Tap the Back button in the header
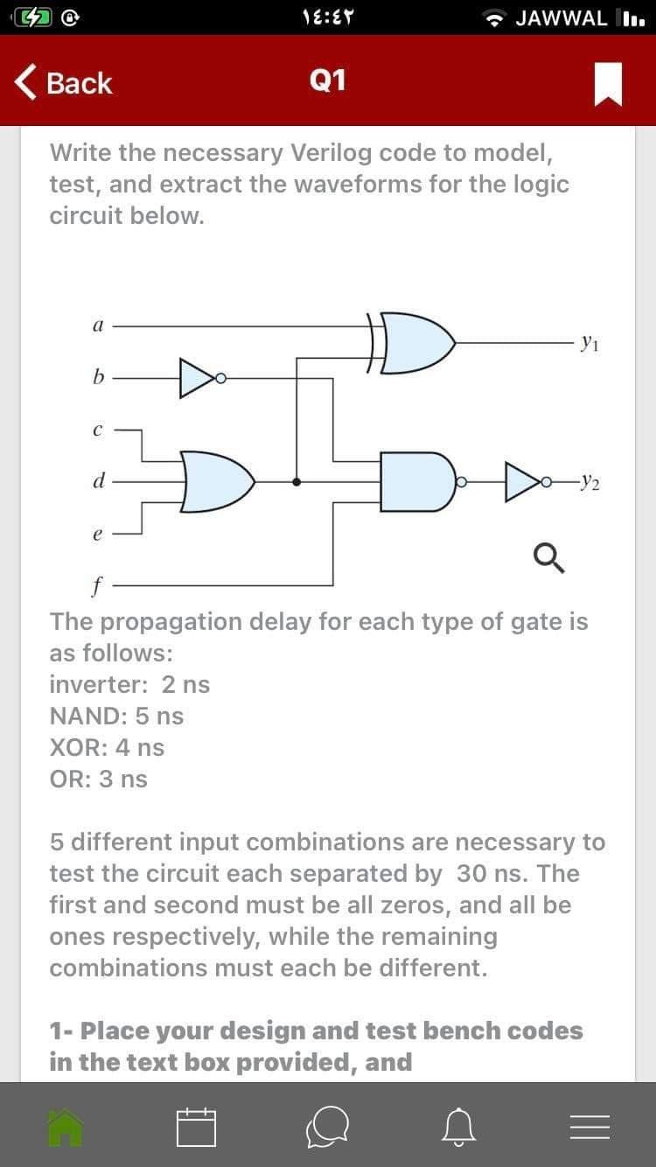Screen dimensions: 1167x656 coord(63,83)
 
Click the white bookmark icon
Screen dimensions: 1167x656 coord(608,84)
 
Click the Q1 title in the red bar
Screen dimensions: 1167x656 coord(328,81)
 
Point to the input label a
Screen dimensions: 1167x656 coord(97,324)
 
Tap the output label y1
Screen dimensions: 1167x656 coord(591,342)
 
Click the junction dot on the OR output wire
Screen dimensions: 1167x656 coord(297,481)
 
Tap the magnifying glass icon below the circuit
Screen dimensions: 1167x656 coord(549,556)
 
